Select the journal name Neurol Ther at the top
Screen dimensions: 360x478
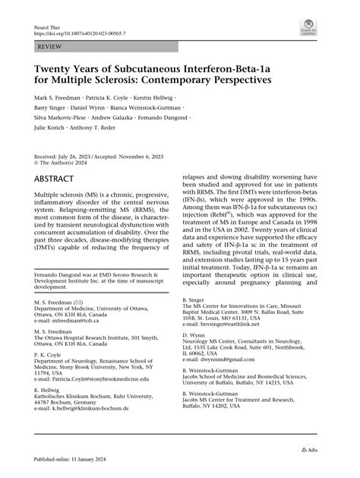click(49, 27)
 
